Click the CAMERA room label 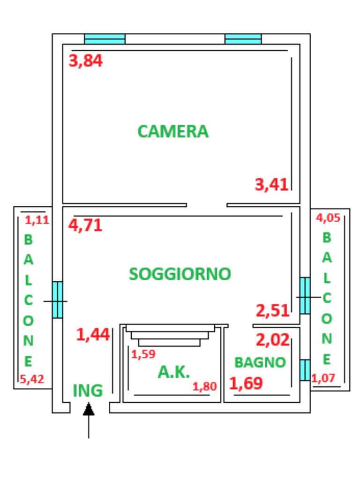[x=173, y=131]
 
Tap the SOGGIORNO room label [x=180, y=274]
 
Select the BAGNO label [x=260, y=362]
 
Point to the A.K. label [x=173, y=372]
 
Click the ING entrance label [x=88, y=390]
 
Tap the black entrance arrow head [x=89, y=409]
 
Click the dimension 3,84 [x=85, y=60]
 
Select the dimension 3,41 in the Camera [x=271, y=185]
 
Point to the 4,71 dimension [x=85, y=225]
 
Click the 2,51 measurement [x=272, y=311]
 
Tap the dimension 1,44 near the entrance [x=93, y=334]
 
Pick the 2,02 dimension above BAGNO [x=272, y=340]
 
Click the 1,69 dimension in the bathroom [x=246, y=383]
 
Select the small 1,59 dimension [x=143, y=354]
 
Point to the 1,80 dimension [x=204, y=387]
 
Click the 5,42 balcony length [x=32, y=379]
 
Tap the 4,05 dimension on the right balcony [x=328, y=218]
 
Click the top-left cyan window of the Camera [x=105, y=39]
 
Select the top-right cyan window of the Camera [x=243, y=39]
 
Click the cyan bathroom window [x=305, y=370]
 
